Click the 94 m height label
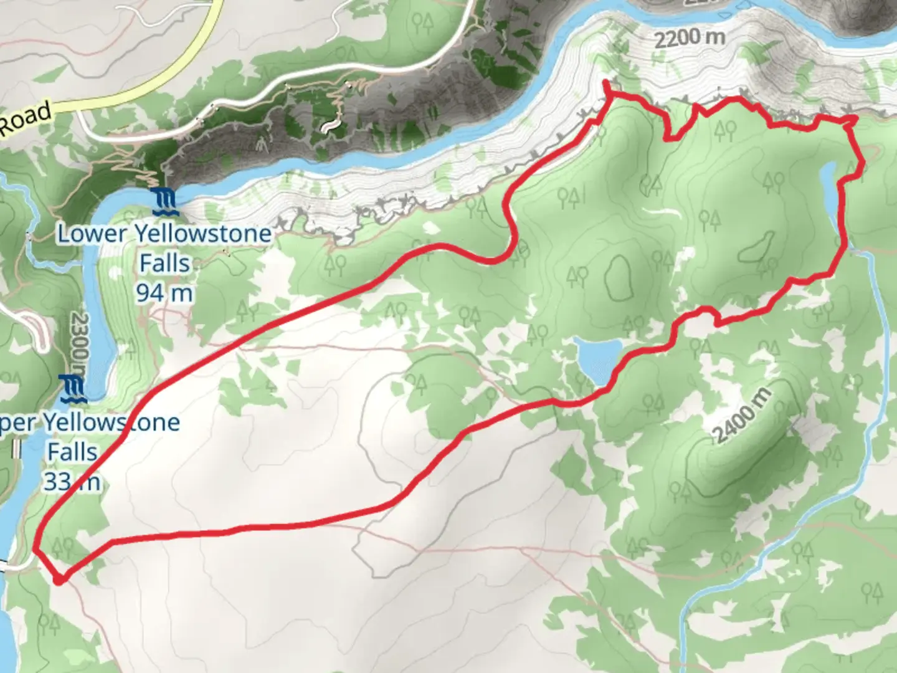click(x=164, y=292)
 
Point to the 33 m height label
click(x=72, y=481)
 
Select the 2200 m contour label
click(x=690, y=39)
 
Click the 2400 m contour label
click(x=742, y=414)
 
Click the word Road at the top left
click(x=25, y=118)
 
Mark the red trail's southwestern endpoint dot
click(x=59, y=580)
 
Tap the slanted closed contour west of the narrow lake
click(x=756, y=247)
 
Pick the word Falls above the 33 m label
click(x=73, y=451)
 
